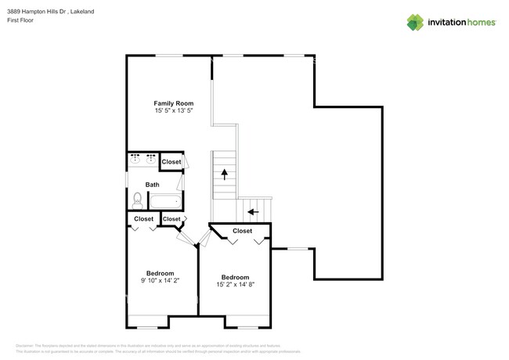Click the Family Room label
click(173, 103)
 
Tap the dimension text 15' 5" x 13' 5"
click(173, 112)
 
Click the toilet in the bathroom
click(137, 200)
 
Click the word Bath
click(152, 185)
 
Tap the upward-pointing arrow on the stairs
click(224, 175)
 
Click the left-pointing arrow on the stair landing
click(253, 211)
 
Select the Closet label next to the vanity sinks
click(171, 162)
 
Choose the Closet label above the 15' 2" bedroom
click(242, 231)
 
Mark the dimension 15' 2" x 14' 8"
click(235, 284)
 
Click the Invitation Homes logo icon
click(416, 22)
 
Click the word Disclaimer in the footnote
click(26, 345)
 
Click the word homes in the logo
click(477, 22)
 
